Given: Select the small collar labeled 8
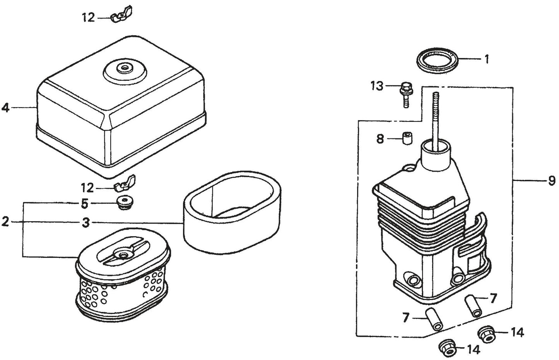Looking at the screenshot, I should click(406, 138).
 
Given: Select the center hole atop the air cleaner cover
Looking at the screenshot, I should click(124, 68).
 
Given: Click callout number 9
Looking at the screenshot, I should click(551, 181).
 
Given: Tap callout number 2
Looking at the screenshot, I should click(5, 222).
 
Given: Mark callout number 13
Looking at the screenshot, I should click(377, 85).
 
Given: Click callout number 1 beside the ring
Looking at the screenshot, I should click(487, 59).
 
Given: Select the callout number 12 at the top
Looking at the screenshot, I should click(88, 17).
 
